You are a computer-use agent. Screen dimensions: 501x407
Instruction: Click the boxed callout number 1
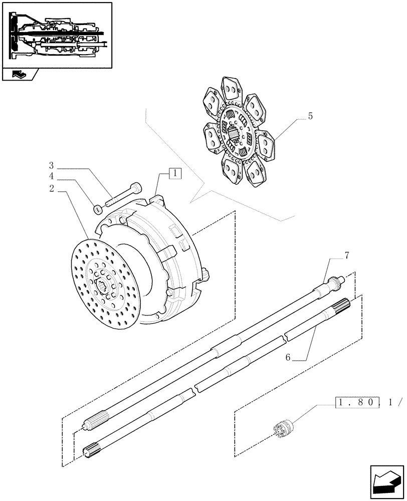pos(175,174)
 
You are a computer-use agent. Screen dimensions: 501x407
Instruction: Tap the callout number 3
pos(52,165)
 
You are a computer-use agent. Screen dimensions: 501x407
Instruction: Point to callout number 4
pos(52,176)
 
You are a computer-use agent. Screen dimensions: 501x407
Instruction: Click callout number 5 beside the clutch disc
pos(310,116)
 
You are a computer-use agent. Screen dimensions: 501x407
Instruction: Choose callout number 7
pos(346,256)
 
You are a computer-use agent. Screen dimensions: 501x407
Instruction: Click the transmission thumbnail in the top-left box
pos(57,35)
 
